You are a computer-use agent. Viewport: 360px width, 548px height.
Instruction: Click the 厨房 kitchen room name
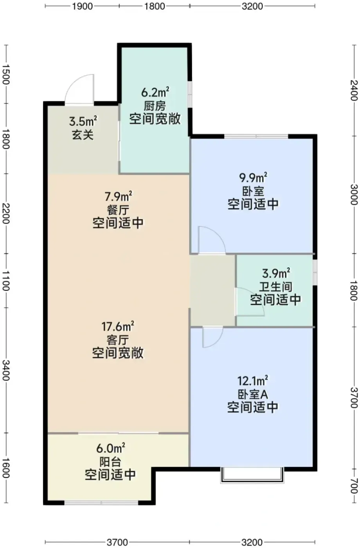pyautogui.click(x=155, y=106)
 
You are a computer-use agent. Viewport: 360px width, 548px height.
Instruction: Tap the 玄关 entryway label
pyautogui.click(x=83, y=135)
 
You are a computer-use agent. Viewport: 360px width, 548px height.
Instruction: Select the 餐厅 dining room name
pyautogui.click(x=118, y=210)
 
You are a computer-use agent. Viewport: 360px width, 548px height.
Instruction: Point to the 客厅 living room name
pyautogui.click(x=118, y=340)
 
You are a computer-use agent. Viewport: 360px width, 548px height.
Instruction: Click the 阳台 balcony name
pyautogui.click(x=110, y=462)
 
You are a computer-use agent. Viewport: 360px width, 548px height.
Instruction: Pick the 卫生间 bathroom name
pyautogui.click(x=275, y=287)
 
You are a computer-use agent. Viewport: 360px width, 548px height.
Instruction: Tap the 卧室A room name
pyautogui.click(x=253, y=395)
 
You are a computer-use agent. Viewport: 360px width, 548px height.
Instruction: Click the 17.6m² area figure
pyautogui.click(x=118, y=326)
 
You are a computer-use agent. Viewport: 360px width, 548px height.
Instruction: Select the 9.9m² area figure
pyautogui.click(x=253, y=178)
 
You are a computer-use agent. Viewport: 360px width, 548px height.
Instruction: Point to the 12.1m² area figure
pyautogui.click(x=253, y=380)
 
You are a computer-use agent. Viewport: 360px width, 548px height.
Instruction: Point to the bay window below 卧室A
pyautogui.click(x=252, y=475)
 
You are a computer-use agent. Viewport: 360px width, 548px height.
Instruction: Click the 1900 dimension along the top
pyautogui.click(x=83, y=6)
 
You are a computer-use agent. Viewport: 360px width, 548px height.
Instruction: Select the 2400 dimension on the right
pyautogui.click(x=354, y=90)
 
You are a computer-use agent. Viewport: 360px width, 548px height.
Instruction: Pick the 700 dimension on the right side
pyautogui.click(x=354, y=486)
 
